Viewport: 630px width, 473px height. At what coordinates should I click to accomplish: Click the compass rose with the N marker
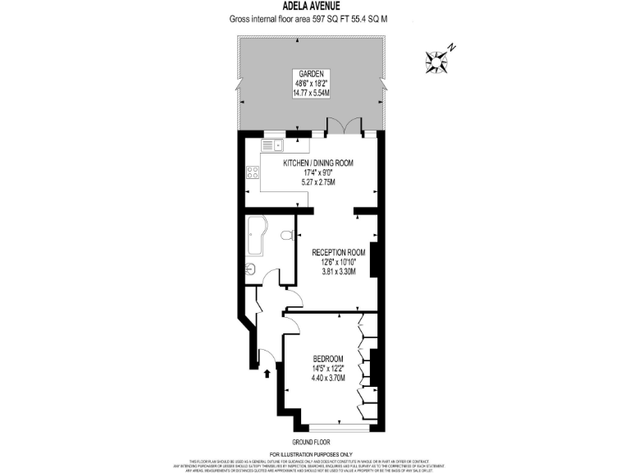pos(437,58)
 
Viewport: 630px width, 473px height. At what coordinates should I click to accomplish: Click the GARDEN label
pos(311,73)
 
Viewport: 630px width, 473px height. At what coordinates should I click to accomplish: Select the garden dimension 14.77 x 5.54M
pos(311,93)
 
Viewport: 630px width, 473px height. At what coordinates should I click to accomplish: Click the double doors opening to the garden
pos(343,126)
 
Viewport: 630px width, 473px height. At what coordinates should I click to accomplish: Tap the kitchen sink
pos(272,145)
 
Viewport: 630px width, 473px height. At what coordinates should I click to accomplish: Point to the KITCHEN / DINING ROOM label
pos(318,163)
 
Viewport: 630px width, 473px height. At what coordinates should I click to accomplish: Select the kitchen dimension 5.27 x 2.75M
pos(318,182)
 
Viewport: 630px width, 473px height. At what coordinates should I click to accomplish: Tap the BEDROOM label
pos(328,359)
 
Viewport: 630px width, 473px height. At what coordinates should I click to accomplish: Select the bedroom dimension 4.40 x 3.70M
pos(328,378)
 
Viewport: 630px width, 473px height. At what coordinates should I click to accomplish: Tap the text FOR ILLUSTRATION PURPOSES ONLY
pos(315,454)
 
